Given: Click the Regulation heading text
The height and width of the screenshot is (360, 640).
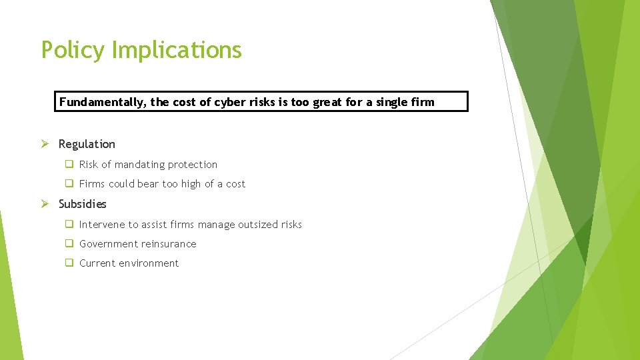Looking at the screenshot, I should point(87,144).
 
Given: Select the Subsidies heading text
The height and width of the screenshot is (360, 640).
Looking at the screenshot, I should point(82,204).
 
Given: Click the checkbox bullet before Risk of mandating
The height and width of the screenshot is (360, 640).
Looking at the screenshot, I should point(69,165).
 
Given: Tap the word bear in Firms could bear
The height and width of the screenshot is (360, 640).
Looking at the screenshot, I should point(148,184).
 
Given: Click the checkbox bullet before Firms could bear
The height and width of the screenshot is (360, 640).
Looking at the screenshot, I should point(69,184).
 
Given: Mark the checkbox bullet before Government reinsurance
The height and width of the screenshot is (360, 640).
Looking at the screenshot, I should point(69,244).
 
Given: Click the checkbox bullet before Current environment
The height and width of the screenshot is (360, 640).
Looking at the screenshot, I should point(69,263).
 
